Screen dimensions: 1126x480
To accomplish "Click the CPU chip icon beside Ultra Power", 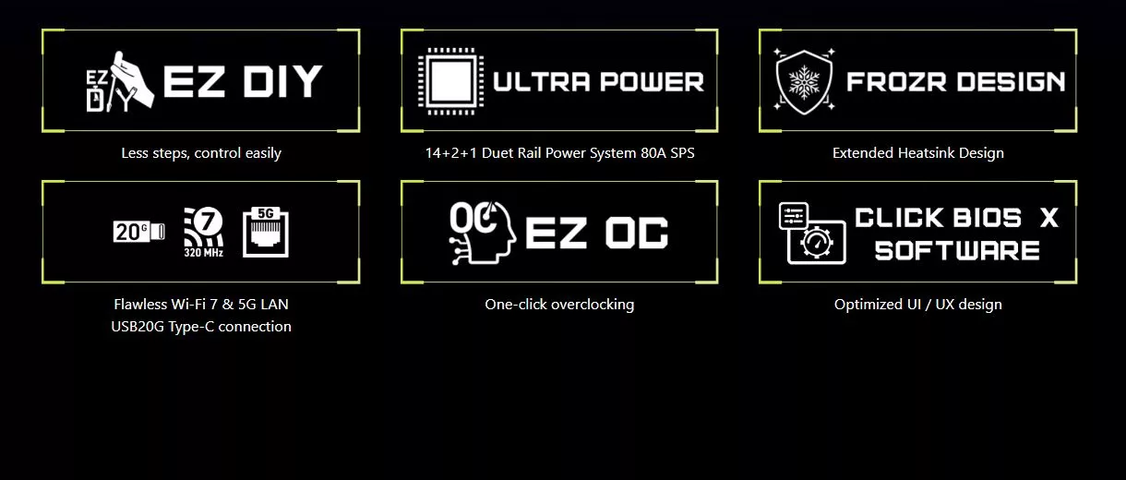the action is (x=451, y=81).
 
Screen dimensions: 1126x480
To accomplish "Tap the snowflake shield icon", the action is (x=804, y=82).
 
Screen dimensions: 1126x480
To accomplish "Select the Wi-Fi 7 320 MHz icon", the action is (x=204, y=233).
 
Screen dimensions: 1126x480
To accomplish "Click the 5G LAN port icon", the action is (x=266, y=233).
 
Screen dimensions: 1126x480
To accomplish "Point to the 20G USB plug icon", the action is (x=138, y=232).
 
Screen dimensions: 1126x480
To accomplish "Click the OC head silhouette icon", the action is (x=482, y=233).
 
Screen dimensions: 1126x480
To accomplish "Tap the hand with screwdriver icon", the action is (x=121, y=81).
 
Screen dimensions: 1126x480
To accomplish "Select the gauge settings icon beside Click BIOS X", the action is (x=812, y=234).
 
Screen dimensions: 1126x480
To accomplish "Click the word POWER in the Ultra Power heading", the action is (x=652, y=82).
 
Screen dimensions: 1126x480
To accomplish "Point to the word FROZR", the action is (x=896, y=82).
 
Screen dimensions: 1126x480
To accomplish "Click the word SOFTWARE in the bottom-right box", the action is (x=957, y=250).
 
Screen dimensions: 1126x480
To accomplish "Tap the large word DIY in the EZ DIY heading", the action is (x=282, y=81).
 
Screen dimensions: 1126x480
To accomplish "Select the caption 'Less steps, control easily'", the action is (x=201, y=153).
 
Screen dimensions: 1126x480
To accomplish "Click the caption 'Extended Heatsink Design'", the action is (x=918, y=153).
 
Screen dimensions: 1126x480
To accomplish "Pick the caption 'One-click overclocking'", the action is (x=559, y=304).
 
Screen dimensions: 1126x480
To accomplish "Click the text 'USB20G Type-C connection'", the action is (x=201, y=327).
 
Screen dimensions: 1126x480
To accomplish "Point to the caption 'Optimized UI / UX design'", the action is (x=918, y=304).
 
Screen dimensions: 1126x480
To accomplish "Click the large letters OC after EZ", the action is (x=637, y=233).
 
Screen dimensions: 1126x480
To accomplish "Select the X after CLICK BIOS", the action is (x=1049, y=218).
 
